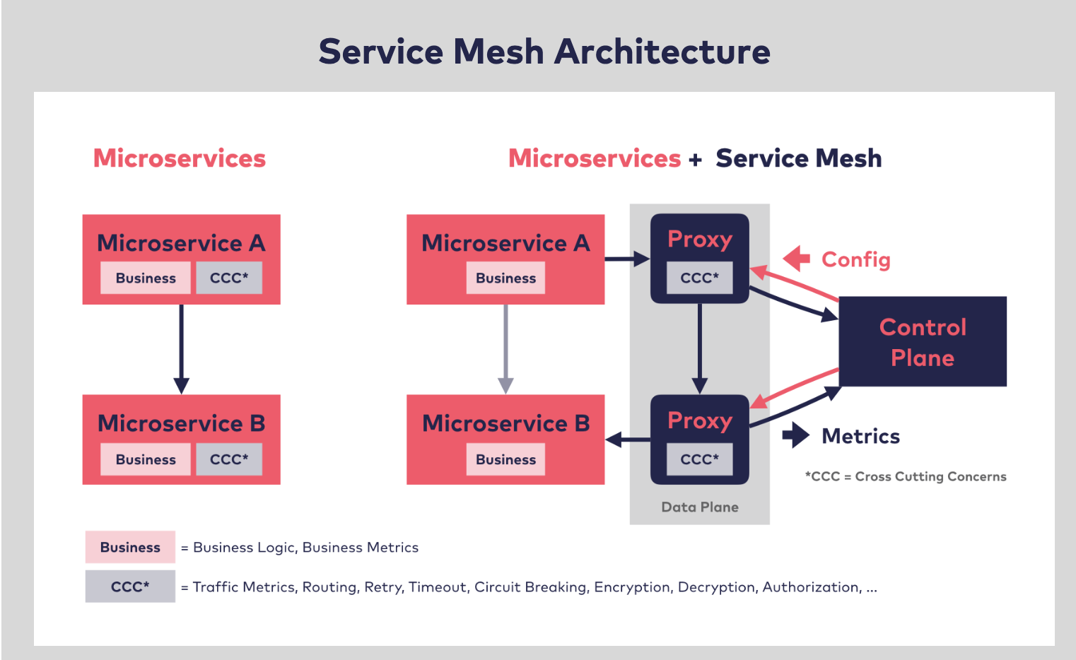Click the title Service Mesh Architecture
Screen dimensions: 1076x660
(x=544, y=52)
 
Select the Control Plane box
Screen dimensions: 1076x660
(x=923, y=341)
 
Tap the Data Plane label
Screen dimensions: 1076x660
(x=699, y=507)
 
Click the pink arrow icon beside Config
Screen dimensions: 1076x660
(x=797, y=259)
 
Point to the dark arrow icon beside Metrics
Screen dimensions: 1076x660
(x=796, y=435)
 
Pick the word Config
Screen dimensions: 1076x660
(x=856, y=259)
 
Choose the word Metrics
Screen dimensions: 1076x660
(x=861, y=436)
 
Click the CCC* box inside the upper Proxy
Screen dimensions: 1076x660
(x=699, y=278)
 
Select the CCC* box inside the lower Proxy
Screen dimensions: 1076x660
(x=699, y=459)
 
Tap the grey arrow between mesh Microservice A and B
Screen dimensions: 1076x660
(x=505, y=350)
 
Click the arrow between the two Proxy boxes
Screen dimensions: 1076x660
(x=699, y=349)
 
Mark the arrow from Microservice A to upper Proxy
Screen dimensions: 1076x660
(x=627, y=259)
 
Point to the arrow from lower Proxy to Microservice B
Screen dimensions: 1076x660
(x=627, y=440)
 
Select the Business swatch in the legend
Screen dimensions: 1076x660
(x=130, y=547)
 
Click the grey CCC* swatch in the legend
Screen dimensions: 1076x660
(x=130, y=586)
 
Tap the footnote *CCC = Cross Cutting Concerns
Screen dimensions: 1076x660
(x=906, y=477)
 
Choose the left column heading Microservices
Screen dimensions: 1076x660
(x=179, y=158)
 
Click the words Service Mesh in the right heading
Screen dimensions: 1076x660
(x=798, y=158)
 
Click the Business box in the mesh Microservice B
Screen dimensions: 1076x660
(x=505, y=459)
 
